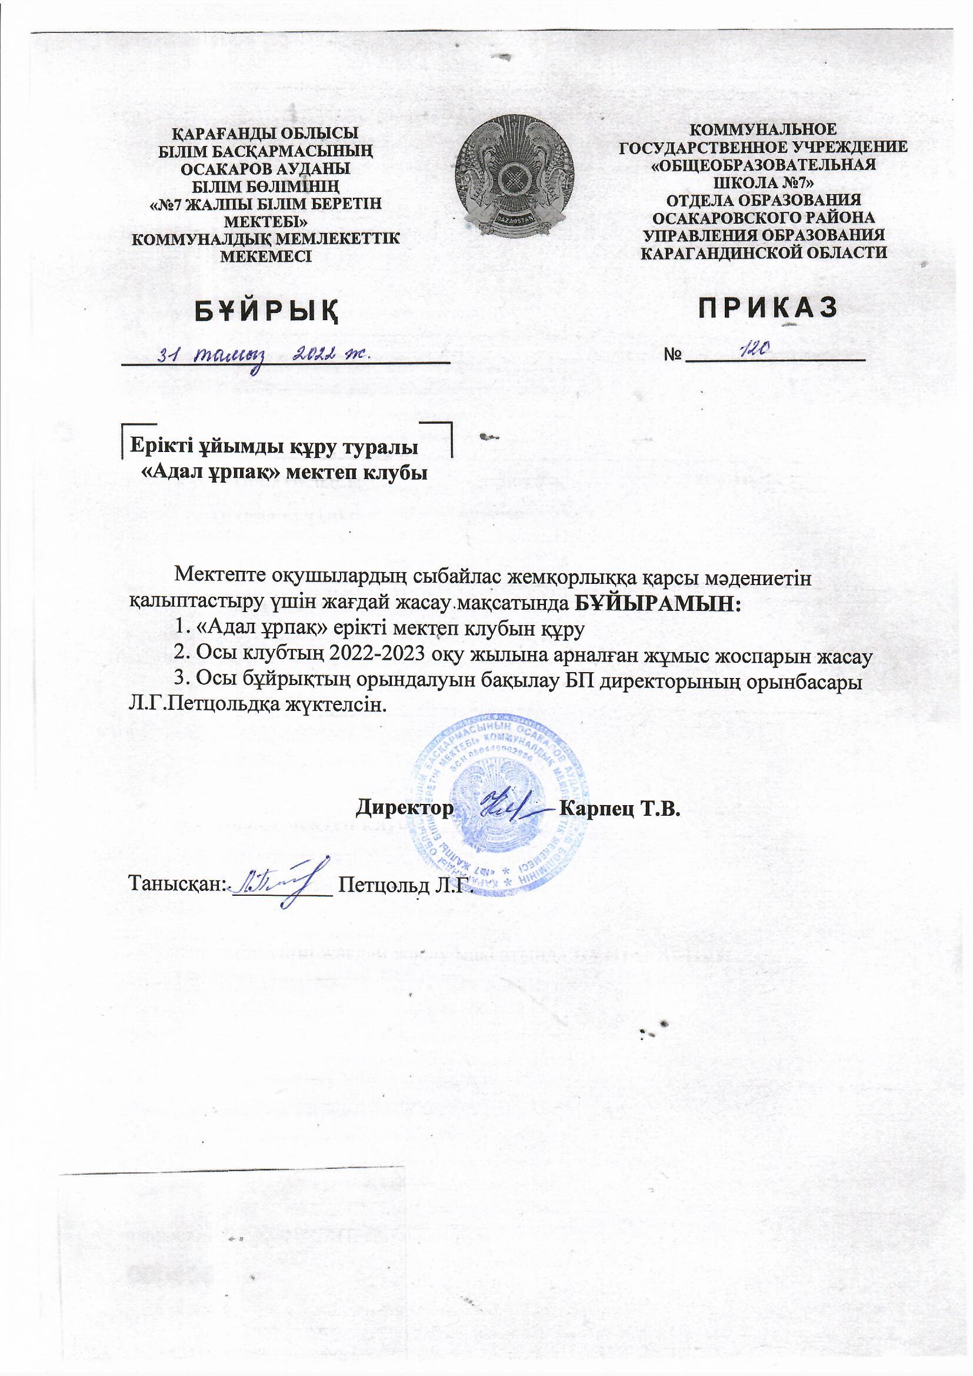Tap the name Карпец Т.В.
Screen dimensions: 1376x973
[x=619, y=808]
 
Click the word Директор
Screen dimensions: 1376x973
[x=404, y=808]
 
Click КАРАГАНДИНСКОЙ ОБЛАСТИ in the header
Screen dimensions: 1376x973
[x=764, y=252]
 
